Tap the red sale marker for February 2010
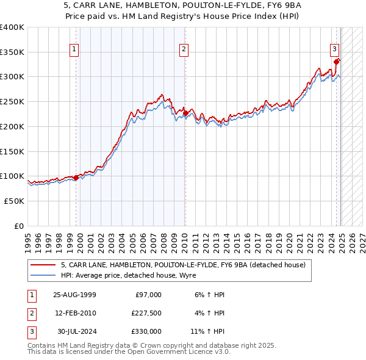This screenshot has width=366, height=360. tap(185, 113)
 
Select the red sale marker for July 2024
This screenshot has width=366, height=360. tap(337, 61)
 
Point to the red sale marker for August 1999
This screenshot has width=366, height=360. tap(76, 178)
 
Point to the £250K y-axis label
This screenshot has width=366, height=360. tap(12, 101)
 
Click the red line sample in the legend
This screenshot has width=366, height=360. tap(43, 265)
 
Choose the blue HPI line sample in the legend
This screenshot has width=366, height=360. tap(43, 275)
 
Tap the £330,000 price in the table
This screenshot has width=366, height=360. tap(147, 331)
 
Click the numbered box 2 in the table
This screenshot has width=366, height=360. tap(30, 313)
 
